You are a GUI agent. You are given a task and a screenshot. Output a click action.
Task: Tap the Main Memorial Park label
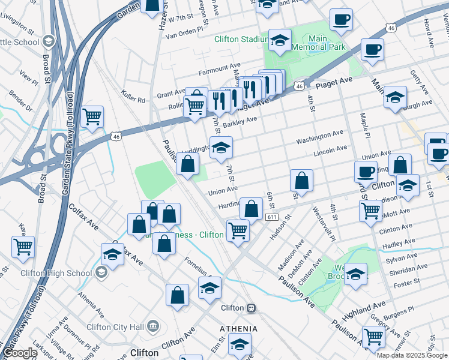(x=319, y=43)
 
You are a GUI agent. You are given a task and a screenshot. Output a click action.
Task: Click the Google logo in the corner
(x=19, y=353)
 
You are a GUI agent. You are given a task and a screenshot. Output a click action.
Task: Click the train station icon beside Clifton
(x=251, y=308)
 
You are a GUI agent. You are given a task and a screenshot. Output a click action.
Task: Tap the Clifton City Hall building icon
(x=154, y=326)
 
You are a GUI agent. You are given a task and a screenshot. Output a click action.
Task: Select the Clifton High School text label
(x=56, y=273)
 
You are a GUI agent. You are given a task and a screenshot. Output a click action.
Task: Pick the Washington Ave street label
(x=319, y=137)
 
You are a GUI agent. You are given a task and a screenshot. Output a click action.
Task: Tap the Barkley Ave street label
(x=240, y=122)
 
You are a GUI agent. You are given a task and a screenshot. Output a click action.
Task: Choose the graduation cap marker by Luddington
(x=221, y=148)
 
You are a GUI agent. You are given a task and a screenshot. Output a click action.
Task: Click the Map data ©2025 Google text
(x=412, y=355)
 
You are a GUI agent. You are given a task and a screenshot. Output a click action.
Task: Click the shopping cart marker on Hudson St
(x=238, y=230)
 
